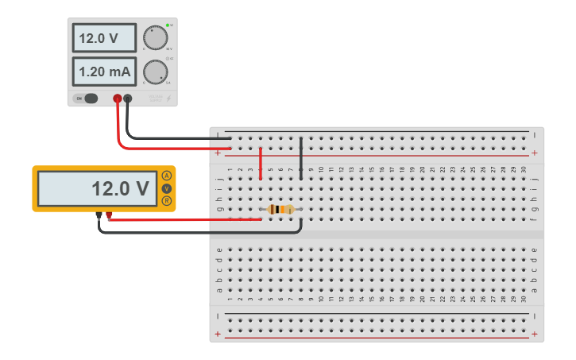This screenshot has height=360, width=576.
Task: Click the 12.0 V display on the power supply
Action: (x=104, y=38)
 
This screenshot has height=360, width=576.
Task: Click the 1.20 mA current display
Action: (x=104, y=72)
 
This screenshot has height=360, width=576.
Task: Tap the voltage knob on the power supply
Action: (x=155, y=37)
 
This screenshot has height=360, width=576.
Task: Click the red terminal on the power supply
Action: (x=118, y=99)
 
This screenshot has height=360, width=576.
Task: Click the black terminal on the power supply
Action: (x=127, y=99)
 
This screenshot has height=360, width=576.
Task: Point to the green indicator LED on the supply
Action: (x=168, y=25)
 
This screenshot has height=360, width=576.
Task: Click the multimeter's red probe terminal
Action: (x=109, y=215)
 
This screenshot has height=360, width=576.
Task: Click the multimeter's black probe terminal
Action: (x=99, y=215)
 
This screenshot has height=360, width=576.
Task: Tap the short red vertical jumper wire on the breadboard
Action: (x=261, y=163)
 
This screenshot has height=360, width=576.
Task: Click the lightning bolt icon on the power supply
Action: (x=168, y=99)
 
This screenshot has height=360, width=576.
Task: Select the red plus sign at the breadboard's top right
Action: (x=534, y=153)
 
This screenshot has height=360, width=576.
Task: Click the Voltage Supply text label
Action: (x=155, y=99)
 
